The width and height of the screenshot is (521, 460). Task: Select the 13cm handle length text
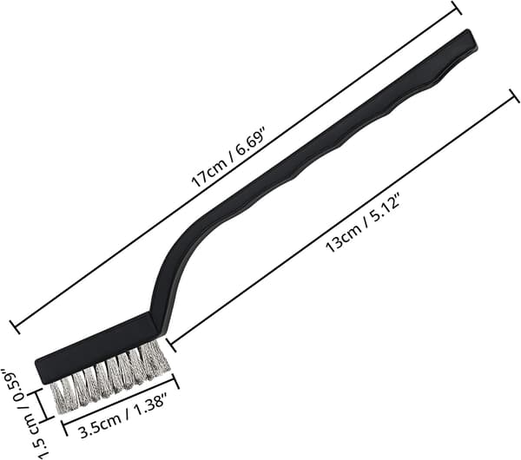tap(343, 238)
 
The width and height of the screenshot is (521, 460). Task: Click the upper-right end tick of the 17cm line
tap(457, 7)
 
